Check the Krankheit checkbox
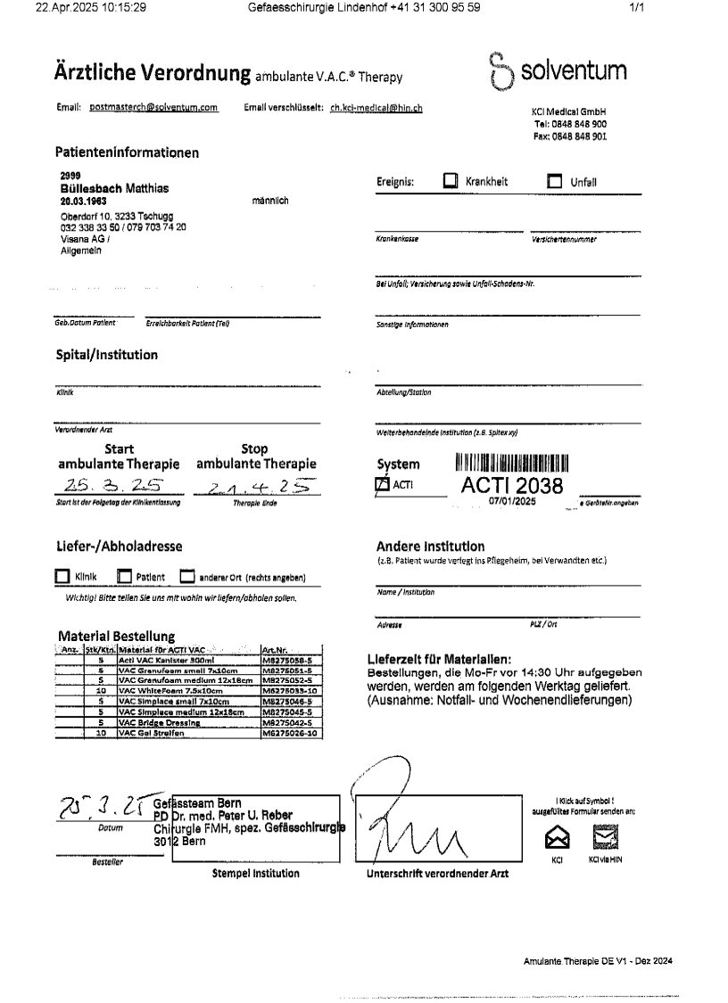pyautogui.click(x=451, y=181)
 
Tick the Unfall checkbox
pyautogui.click(x=555, y=182)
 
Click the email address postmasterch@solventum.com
pyautogui.click(x=153, y=107)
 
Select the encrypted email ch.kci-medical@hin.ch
pyautogui.click(x=376, y=107)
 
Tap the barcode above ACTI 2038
pyautogui.click(x=512, y=463)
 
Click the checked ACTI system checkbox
pyautogui.click(x=383, y=484)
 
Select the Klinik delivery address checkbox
pyautogui.click(x=62, y=577)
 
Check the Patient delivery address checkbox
pyautogui.click(x=125, y=577)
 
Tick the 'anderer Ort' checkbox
pyautogui.click(x=187, y=577)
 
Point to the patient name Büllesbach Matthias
pyautogui.click(x=113, y=189)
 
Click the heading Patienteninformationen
pyautogui.click(x=127, y=152)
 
